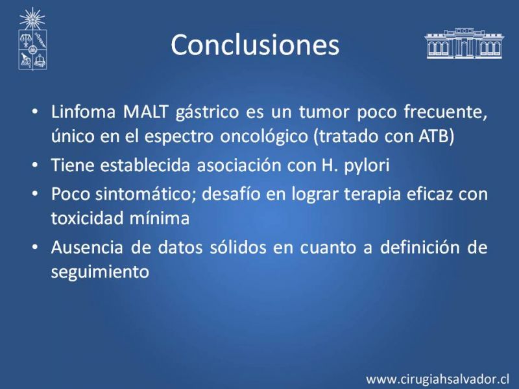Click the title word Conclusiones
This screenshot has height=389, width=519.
point(255,45)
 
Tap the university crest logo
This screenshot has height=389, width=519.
point(32,39)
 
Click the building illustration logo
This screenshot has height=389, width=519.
point(464,43)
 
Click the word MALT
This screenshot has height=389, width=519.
point(145,112)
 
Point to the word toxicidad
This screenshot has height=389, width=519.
point(87,218)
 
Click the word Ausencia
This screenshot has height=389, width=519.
point(87,247)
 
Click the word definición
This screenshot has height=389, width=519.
point(420,247)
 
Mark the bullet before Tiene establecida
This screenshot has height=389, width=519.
point(35,165)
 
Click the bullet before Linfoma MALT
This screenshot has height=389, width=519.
point(35,112)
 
